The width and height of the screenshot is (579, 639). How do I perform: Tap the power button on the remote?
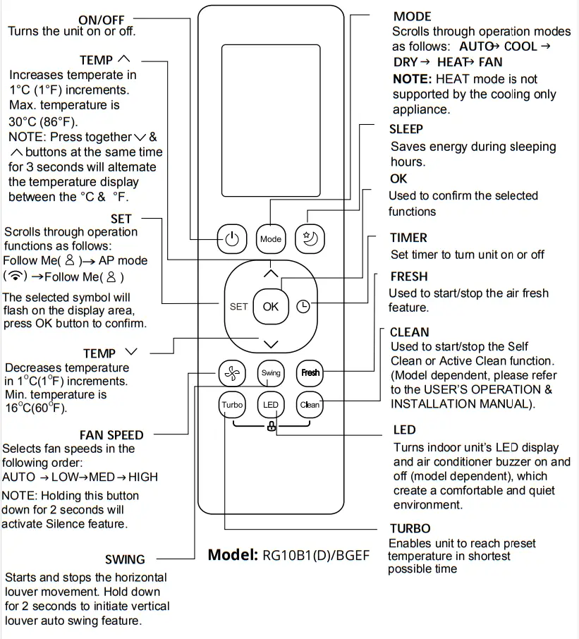pyautogui.click(x=232, y=239)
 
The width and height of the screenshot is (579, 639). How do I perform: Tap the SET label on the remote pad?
pyautogui.click(x=238, y=307)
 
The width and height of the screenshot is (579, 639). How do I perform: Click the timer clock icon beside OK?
pyautogui.click(x=303, y=307)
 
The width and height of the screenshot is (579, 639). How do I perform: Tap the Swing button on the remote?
pyautogui.click(x=271, y=373)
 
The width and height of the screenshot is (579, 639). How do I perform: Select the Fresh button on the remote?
pyautogui.click(x=310, y=373)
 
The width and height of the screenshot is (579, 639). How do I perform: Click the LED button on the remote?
pyautogui.click(x=271, y=405)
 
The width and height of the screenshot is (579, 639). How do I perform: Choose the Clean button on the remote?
pyautogui.click(x=310, y=405)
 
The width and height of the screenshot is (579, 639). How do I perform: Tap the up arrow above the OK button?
pyautogui.click(x=271, y=274)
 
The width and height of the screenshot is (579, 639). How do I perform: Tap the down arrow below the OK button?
pyautogui.click(x=271, y=343)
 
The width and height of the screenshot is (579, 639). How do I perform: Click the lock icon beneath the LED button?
pyautogui.click(x=271, y=427)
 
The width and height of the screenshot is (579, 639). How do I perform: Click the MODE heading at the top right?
pyautogui.click(x=412, y=16)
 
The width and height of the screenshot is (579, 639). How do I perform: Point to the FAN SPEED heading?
pyautogui.click(x=111, y=435)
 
